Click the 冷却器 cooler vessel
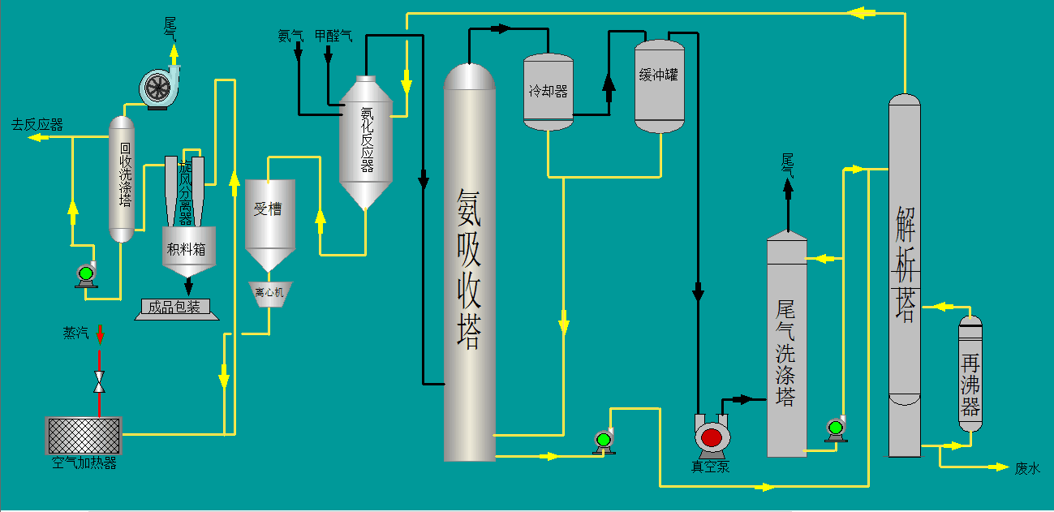[549, 92]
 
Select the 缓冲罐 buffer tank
[659, 86]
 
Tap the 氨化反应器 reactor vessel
[366, 142]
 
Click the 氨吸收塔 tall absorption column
[469, 264]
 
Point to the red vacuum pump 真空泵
[712, 436]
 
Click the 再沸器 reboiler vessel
[970, 373]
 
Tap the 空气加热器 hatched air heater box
[84, 436]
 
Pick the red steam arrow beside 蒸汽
[101, 333]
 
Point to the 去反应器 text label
[37, 125]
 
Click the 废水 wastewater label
[1026, 468]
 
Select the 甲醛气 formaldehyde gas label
[333, 36]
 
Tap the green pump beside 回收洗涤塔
[85, 274]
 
